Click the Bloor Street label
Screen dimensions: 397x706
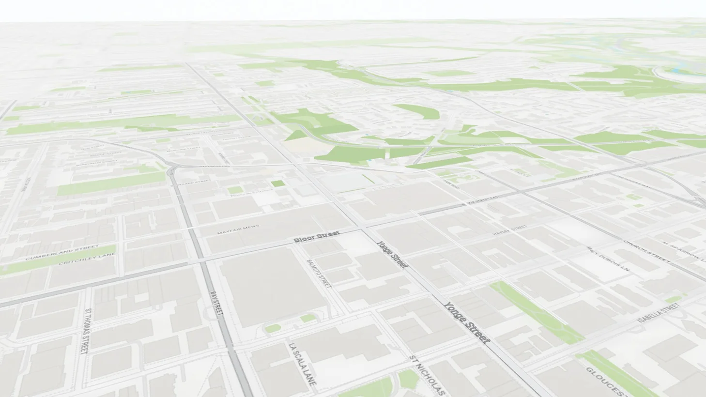(x=317, y=237)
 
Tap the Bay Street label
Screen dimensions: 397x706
(x=217, y=304)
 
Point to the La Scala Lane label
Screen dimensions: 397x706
(x=302, y=364)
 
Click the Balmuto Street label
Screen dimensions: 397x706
(x=319, y=274)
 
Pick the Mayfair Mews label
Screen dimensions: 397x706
(x=238, y=229)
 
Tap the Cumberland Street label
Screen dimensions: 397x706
(x=55, y=254)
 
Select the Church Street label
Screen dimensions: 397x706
(x=646, y=251)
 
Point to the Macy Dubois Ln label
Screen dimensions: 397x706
(x=608, y=259)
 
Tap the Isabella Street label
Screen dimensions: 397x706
(x=659, y=313)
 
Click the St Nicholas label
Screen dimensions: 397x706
(x=427, y=375)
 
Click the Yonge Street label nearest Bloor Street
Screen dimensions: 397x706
(x=392, y=254)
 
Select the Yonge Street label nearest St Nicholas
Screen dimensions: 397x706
(x=467, y=322)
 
